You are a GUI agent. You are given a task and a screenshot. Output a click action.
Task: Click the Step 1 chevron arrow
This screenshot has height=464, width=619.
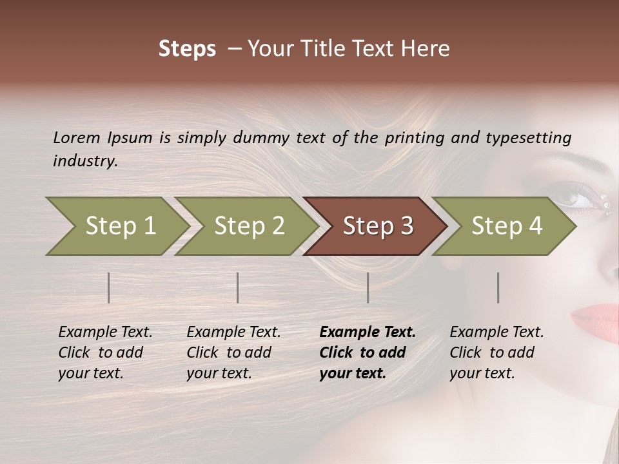(x=120, y=226)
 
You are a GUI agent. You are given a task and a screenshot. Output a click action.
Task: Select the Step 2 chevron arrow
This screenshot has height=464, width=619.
(x=249, y=226)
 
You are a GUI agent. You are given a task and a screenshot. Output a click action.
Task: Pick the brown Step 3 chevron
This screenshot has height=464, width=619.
(x=377, y=226)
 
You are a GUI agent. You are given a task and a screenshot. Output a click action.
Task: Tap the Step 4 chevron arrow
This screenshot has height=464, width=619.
(x=506, y=226)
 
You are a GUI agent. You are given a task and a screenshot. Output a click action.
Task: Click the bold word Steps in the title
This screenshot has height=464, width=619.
(x=187, y=48)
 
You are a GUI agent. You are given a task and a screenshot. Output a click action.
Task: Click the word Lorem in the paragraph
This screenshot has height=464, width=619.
(x=77, y=137)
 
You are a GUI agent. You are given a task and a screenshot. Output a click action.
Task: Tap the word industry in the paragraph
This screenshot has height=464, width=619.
(x=84, y=161)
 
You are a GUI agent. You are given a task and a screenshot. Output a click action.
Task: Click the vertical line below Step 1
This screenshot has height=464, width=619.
(x=109, y=287)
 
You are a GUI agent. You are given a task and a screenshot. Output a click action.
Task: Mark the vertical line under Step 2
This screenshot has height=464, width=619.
(x=238, y=287)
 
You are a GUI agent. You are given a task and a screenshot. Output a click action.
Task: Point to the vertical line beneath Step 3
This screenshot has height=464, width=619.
(x=368, y=287)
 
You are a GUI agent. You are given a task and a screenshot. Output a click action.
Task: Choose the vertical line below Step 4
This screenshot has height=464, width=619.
(x=498, y=287)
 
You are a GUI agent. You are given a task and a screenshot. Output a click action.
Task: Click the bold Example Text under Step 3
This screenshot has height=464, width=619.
(x=368, y=333)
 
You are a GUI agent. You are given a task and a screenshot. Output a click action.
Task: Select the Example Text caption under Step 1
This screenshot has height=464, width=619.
(x=105, y=333)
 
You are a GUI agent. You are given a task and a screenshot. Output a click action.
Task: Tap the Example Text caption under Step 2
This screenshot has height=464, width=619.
(x=233, y=333)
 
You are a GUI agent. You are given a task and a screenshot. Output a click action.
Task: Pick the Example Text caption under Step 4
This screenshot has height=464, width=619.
(x=496, y=333)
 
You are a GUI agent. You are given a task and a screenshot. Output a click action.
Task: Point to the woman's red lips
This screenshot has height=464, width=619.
(x=596, y=317)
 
